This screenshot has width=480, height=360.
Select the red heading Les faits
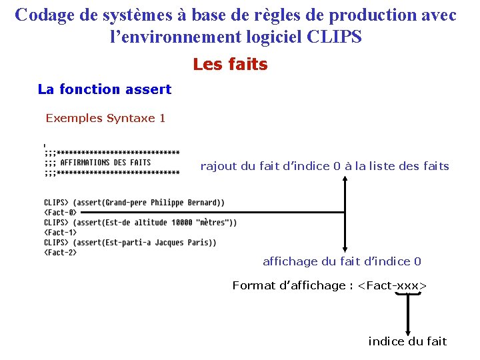tap(230, 65)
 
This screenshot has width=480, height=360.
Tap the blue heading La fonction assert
tap(105, 89)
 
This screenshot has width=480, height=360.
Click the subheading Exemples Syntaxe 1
tap(105, 119)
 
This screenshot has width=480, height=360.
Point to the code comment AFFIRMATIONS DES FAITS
tap(105, 162)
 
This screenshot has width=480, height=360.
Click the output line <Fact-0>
tap(60, 212)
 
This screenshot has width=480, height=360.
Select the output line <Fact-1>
tap(60, 233)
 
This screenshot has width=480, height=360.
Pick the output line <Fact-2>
tap(60, 253)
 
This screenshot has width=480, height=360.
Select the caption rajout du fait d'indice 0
tap(325, 166)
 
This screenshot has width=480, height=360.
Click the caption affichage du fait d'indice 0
tap(341, 261)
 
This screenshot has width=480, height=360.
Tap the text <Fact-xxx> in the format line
tap(392, 285)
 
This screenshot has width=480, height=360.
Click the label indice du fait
tap(407, 341)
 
